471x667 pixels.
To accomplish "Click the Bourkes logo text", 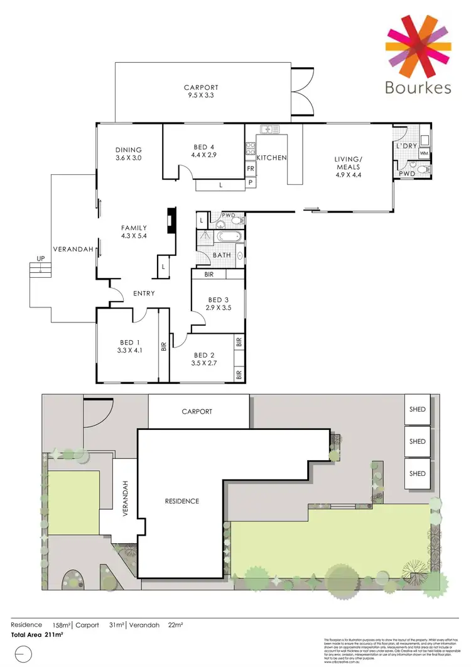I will [x=418, y=87].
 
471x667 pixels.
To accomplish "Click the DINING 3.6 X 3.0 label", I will [x=128, y=154].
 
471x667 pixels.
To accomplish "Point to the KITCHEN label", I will [x=271, y=157].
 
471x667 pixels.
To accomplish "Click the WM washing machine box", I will [x=424, y=153].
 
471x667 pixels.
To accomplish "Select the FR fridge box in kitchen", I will [x=250, y=168].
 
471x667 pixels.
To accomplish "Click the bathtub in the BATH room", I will [x=224, y=237].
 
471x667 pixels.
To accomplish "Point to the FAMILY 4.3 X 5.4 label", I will [x=134, y=232].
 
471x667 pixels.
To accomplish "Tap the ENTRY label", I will [x=144, y=294].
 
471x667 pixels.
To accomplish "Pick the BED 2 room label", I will [x=204, y=358].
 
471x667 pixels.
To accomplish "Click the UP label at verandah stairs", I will [x=40, y=259].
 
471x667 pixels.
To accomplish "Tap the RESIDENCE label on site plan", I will [x=182, y=501].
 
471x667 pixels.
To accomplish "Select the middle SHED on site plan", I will [x=417, y=441].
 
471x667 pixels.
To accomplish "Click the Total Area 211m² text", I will [x=37, y=635].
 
